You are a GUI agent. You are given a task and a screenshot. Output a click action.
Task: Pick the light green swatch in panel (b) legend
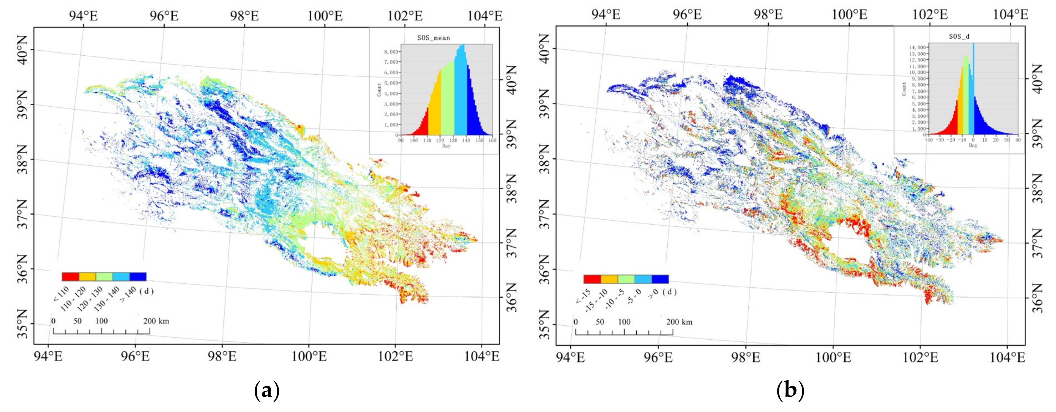[x=626, y=279]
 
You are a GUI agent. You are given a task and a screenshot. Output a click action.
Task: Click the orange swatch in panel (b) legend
[x=609, y=279]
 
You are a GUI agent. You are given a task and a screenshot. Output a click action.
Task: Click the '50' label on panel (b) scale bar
[x=600, y=322]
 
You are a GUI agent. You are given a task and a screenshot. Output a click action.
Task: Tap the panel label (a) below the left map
[x=267, y=390]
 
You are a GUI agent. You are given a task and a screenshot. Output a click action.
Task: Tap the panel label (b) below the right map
[x=790, y=390]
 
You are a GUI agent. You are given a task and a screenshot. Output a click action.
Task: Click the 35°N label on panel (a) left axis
[x=22, y=330]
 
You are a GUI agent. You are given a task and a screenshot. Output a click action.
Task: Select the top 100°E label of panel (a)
[x=325, y=16]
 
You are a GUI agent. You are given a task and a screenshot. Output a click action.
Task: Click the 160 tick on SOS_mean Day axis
[x=492, y=140]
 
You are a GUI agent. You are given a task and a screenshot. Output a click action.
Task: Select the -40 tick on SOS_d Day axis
[x=929, y=140]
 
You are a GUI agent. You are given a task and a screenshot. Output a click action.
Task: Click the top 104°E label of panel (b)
[x=1011, y=15]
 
